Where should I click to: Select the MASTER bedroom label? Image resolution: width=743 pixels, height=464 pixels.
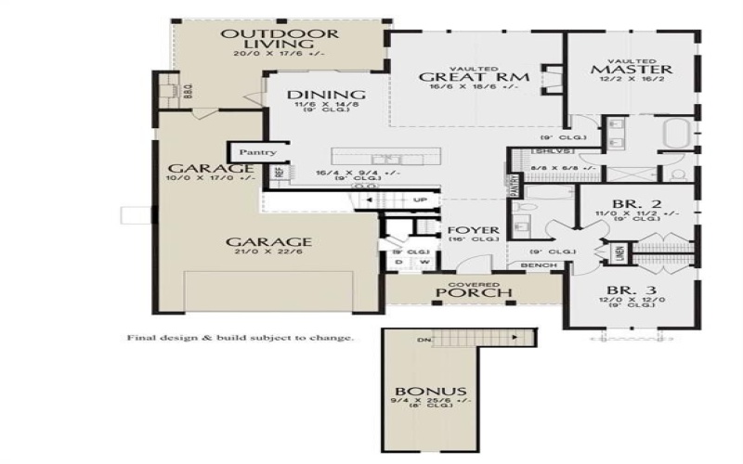coord(632,70)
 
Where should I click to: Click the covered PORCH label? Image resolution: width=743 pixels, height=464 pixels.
coord(476,294)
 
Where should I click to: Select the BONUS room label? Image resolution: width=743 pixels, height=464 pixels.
coord(429,392)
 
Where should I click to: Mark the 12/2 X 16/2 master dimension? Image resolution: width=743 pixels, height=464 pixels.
coord(632,82)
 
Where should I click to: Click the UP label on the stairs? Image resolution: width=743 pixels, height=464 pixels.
coord(420,200)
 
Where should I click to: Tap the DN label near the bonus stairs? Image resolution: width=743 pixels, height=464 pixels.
coord(424,340)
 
